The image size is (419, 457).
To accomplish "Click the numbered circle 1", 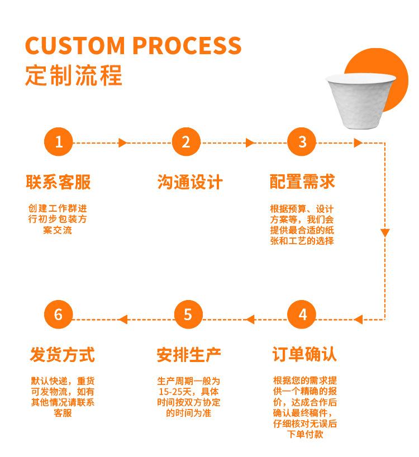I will (59, 143).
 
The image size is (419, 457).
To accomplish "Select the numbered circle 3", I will (302, 143).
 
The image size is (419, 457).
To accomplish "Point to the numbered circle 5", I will (188, 315).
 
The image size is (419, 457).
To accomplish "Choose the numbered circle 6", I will (59, 315).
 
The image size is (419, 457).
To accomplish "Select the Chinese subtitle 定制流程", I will (73, 75).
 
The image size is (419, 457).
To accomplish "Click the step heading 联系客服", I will (58, 182).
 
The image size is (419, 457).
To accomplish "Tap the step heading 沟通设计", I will (189, 182).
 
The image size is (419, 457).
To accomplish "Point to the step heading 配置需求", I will (302, 182).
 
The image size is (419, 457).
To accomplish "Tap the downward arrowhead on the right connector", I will (385, 232).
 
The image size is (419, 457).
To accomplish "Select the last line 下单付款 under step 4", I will (305, 435).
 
